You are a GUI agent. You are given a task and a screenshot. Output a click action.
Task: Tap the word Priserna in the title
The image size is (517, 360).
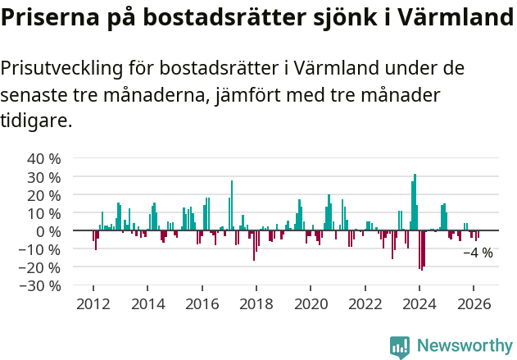tap(48, 17)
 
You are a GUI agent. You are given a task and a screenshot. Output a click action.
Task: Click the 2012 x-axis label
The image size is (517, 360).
tap(93, 303)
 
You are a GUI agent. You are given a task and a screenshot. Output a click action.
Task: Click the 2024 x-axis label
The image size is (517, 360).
tap(419, 303)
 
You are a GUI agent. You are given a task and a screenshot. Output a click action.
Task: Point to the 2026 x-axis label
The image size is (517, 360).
tap(474, 303)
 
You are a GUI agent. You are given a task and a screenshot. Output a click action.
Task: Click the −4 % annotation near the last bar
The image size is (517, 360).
tap(478, 253)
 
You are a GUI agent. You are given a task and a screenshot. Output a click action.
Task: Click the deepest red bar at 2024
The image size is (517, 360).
tap(420, 250)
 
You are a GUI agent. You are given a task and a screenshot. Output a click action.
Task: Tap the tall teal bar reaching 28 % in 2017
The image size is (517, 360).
tap(232, 206)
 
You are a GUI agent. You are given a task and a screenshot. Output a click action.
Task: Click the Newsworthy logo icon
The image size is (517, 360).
tap(400, 347)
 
